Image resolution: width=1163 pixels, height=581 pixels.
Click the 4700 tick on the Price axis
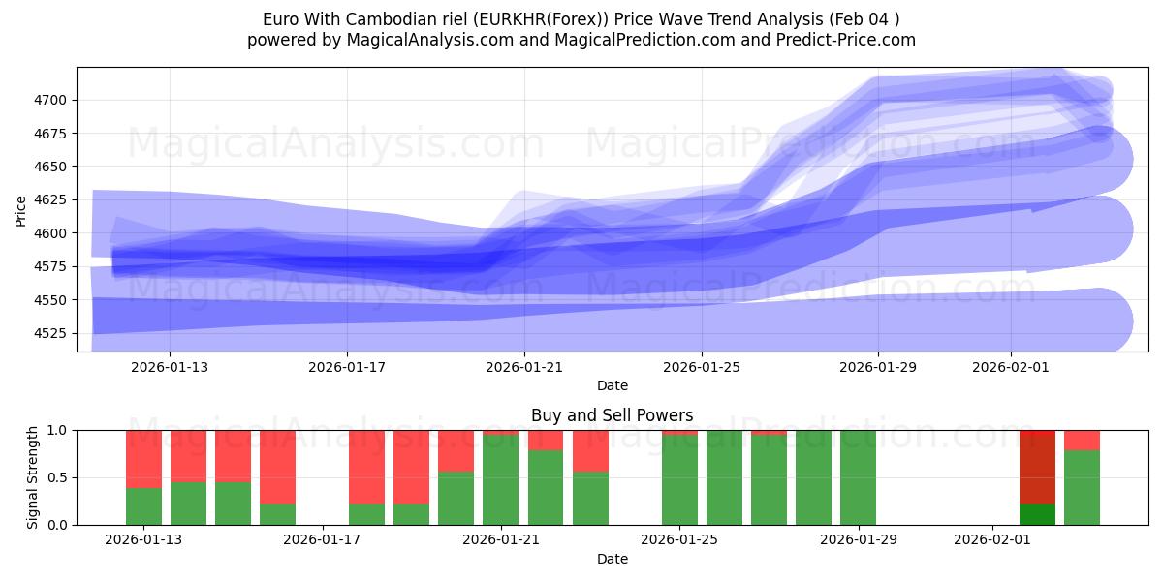(x=54, y=100)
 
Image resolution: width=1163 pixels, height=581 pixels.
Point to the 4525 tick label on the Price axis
(x=54, y=333)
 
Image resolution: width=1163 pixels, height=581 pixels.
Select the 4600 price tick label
(x=54, y=233)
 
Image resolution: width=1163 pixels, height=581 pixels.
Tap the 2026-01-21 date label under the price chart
(x=524, y=367)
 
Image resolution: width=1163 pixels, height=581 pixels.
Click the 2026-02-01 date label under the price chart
(x=1011, y=367)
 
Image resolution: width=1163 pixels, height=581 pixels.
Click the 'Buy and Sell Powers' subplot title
(x=612, y=415)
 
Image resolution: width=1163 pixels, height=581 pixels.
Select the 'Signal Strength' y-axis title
(x=33, y=477)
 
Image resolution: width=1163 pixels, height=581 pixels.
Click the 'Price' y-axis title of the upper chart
(x=22, y=209)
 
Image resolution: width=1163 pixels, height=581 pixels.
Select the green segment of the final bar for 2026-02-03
(x=1082, y=488)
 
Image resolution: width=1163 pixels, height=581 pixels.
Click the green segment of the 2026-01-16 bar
(x=277, y=514)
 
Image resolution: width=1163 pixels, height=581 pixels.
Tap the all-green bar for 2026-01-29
(x=858, y=477)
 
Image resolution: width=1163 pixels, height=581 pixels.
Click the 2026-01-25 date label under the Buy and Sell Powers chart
(x=679, y=539)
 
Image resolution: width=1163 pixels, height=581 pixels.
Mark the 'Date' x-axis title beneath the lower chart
(x=612, y=559)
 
